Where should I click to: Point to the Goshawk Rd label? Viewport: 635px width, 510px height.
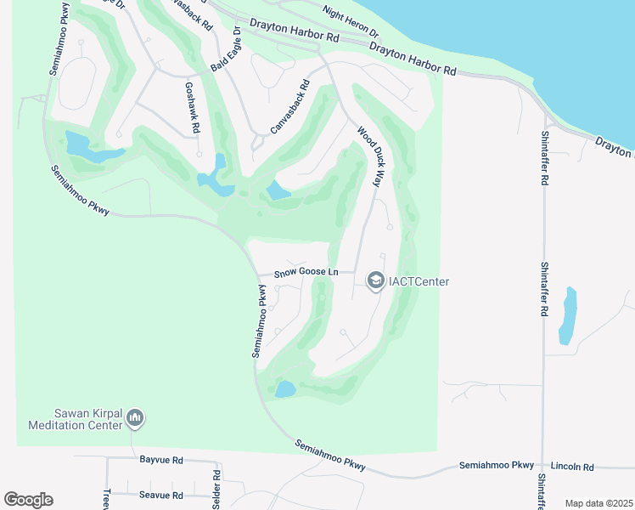click(191, 106)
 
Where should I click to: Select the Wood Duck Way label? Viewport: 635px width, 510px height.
click(371, 158)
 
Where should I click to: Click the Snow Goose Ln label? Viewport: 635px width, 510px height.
click(306, 272)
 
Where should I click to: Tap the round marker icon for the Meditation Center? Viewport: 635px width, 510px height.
click(135, 418)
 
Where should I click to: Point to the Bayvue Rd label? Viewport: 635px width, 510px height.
click(160, 460)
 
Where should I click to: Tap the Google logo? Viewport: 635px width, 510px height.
click(29, 500)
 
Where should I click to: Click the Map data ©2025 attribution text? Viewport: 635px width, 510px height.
click(598, 503)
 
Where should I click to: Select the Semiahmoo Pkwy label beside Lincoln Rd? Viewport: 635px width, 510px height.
click(497, 466)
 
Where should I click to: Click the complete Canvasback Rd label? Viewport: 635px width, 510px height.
click(290, 107)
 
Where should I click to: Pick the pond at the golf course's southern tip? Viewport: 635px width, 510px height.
click(285, 390)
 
